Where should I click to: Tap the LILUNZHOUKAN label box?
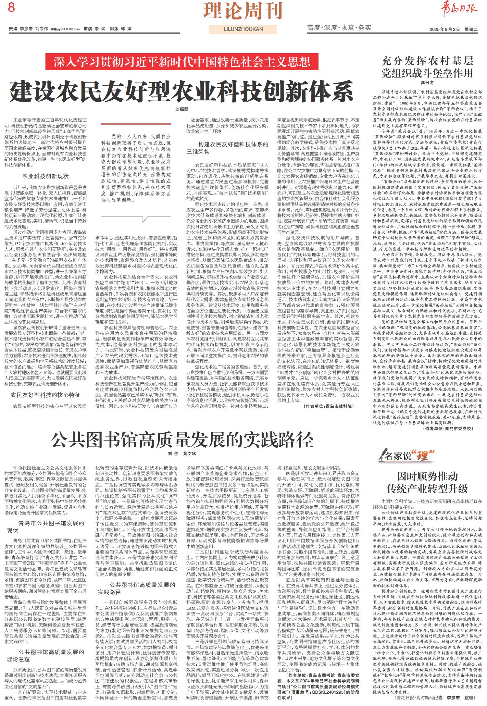coord(243,29)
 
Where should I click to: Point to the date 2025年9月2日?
coord(444,29)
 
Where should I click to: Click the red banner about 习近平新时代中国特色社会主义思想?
coord(182,62)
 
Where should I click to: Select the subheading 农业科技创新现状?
coord(45,176)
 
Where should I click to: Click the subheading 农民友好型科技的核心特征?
coord(45,395)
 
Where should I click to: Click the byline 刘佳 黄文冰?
coord(182,453)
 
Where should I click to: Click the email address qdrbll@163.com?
coord(69,29)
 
